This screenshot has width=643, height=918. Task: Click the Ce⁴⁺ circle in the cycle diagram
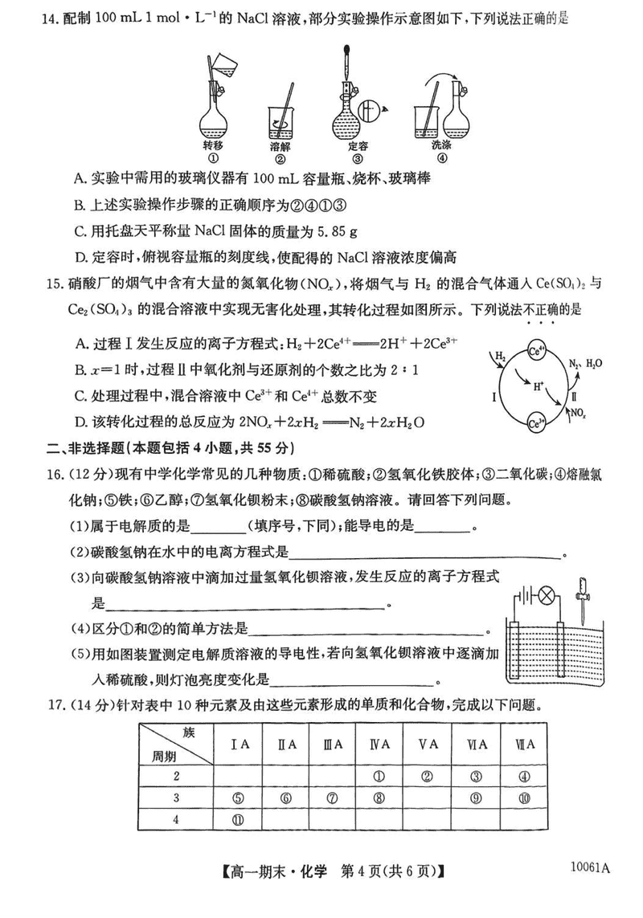(537, 352)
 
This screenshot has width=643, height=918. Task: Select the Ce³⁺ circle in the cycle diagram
(537, 420)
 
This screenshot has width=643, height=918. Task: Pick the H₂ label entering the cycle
(501, 355)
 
